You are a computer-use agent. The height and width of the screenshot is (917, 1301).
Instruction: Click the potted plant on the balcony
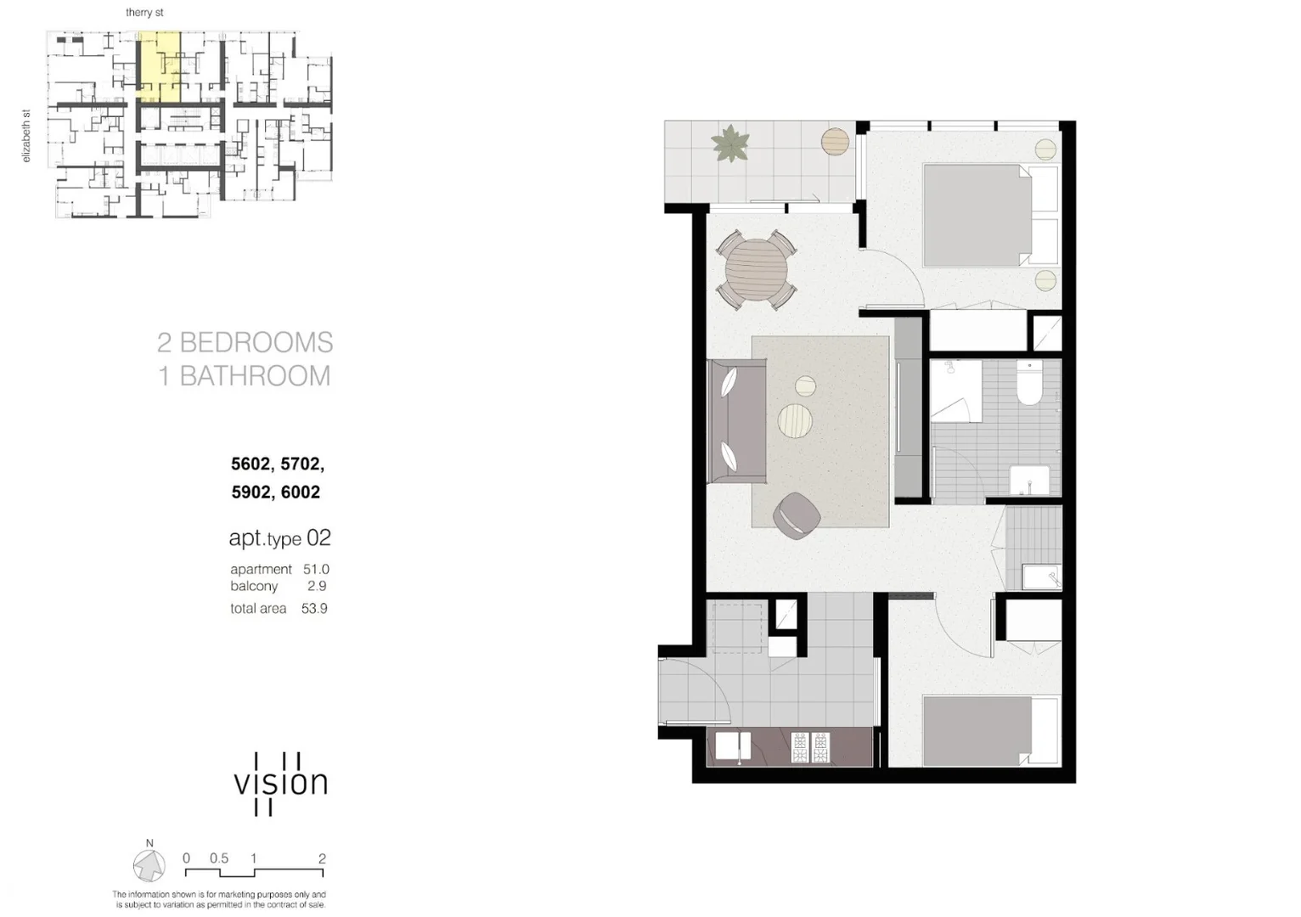click(x=729, y=143)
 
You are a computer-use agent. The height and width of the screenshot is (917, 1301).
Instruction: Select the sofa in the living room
click(x=736, y=420)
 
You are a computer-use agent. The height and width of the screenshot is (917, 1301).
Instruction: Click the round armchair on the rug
click(x=797, y=516)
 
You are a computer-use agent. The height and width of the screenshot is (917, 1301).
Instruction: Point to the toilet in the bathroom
click(x=1029, y=387)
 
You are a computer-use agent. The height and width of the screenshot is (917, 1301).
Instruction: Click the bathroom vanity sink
click(x=1029, y=480)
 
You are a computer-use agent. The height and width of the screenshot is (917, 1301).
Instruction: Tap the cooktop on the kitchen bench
click(x=809, y=747)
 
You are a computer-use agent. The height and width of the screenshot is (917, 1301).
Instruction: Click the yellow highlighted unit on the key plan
click(x=159, y=67)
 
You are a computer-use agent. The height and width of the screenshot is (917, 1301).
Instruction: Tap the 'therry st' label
click(x=144, y=13)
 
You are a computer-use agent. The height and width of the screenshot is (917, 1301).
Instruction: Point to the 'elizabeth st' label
click(x=26, y=136)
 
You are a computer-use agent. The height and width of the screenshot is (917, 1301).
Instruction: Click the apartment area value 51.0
click(x=316, y=570)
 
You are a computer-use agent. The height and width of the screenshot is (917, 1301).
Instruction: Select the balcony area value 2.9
click(x=317, y=586)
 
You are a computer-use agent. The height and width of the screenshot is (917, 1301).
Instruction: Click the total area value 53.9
click(x=314, y=609)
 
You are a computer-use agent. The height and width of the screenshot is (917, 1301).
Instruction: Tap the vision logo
click(x=279, y=784)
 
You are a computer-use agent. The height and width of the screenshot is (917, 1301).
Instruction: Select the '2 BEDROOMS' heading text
click(x=245, y=342)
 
